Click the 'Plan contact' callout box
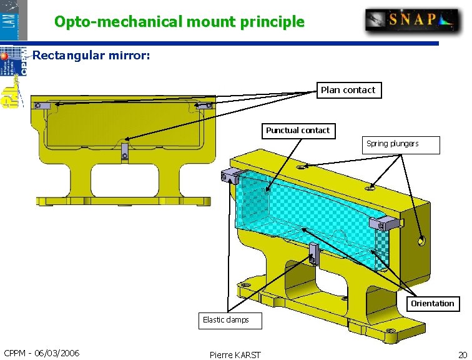pos(348,90)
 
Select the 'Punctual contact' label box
pos(298,131)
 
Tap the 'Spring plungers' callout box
pos(402,144)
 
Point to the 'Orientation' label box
pos(432,304)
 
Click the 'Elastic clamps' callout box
pos(229,320)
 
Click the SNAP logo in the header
pos(412,19)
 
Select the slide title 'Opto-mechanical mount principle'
pos(179,22)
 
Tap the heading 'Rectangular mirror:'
pos(91,56)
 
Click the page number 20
pos(462,354)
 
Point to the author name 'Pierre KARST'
pos(235,354)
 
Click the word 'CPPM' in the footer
pos(16,353)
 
